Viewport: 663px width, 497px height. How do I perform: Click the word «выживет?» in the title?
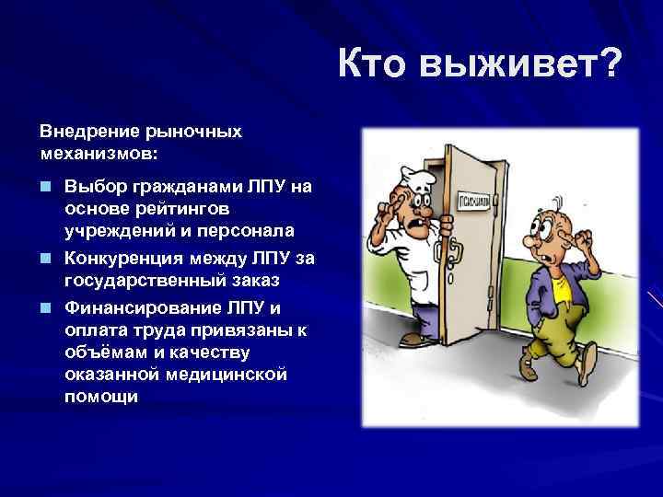(522, 66)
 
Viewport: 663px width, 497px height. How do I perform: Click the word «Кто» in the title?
(374, 66)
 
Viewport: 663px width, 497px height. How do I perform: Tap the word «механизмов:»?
(99, 150)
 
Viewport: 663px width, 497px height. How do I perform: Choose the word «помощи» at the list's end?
(102, 396)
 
